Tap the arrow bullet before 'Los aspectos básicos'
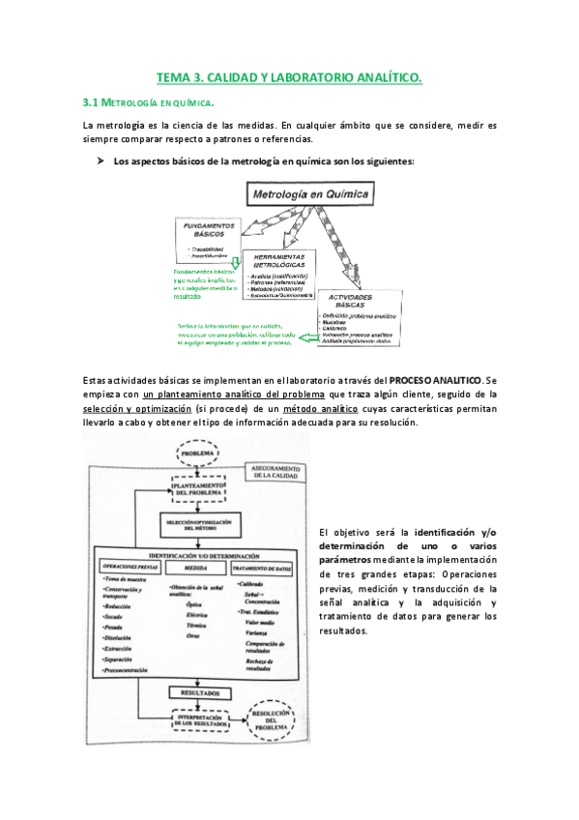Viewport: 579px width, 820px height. pos(99,161)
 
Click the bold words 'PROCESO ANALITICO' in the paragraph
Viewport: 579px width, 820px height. pos(435,381)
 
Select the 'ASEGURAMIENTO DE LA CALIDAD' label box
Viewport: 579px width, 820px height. pos(272,472)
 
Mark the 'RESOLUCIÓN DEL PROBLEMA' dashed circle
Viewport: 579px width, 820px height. pos(279,721)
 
